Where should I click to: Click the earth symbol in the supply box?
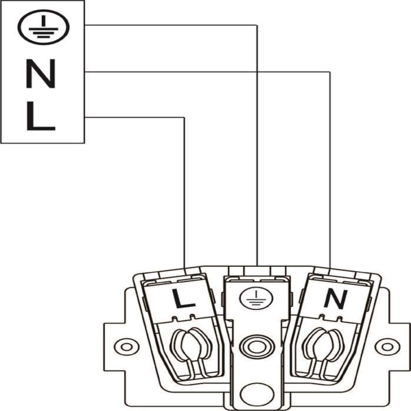pos(44,27)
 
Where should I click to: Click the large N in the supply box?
pos(41,73)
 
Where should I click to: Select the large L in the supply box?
pos(41,116)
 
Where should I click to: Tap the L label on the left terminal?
pos(183,298)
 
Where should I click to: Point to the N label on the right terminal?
pos(336,299)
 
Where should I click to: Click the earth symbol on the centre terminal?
pos(256,298)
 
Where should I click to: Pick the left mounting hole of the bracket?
pos(126,347)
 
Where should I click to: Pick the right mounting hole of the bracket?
pos(387,347)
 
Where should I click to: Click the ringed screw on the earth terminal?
pos(257,347)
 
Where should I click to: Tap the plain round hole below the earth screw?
pos(257,394)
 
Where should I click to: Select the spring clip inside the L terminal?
pos(190,351)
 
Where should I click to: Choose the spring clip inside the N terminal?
pos(323,351)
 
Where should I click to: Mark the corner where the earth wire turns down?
pos(257,25)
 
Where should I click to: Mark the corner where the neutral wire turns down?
pos(330,71)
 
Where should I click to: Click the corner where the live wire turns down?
pos(184,117)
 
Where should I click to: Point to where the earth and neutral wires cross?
pos(257,71)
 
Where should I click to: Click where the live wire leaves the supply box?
pos(85,117)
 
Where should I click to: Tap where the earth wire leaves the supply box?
pos(85,25)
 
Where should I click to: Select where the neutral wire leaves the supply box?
pos(85,71)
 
